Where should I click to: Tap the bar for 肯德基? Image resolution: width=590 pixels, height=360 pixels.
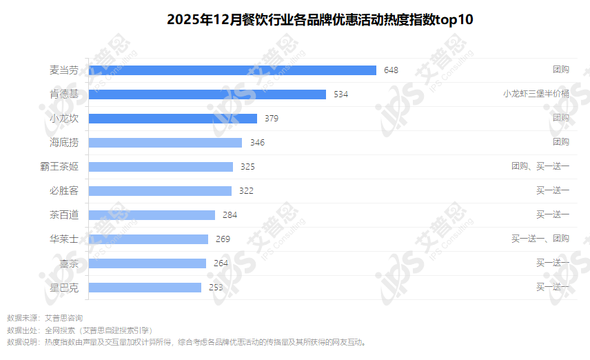click(207, 94)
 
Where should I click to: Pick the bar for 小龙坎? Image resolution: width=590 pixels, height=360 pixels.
click(173, 118)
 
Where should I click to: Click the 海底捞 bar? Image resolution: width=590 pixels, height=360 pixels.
click(165, 142)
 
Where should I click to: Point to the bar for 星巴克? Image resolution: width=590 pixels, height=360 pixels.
click(145, 287)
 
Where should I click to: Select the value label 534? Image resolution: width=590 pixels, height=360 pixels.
click(340, 94)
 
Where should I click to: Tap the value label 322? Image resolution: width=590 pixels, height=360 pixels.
click(246, 190)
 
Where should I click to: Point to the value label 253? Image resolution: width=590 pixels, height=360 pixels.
click(216, 287)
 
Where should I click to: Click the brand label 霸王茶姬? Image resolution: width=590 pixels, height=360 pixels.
click(60, 166)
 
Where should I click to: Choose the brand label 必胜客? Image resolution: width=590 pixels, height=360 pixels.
click(64, 190)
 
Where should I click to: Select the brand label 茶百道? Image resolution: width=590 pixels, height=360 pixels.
click(64, 214)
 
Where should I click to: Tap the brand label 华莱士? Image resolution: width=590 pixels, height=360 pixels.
click(64, 239)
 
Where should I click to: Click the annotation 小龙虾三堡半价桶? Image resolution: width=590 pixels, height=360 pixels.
click(536, 94)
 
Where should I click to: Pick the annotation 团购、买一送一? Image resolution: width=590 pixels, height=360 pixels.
click(540, 166)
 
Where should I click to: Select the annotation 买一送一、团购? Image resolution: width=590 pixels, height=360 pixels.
click(540, 239)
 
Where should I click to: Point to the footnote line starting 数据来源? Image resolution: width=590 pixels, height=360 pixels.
click(45, 318)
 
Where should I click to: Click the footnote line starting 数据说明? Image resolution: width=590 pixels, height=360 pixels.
click(186, 341)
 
